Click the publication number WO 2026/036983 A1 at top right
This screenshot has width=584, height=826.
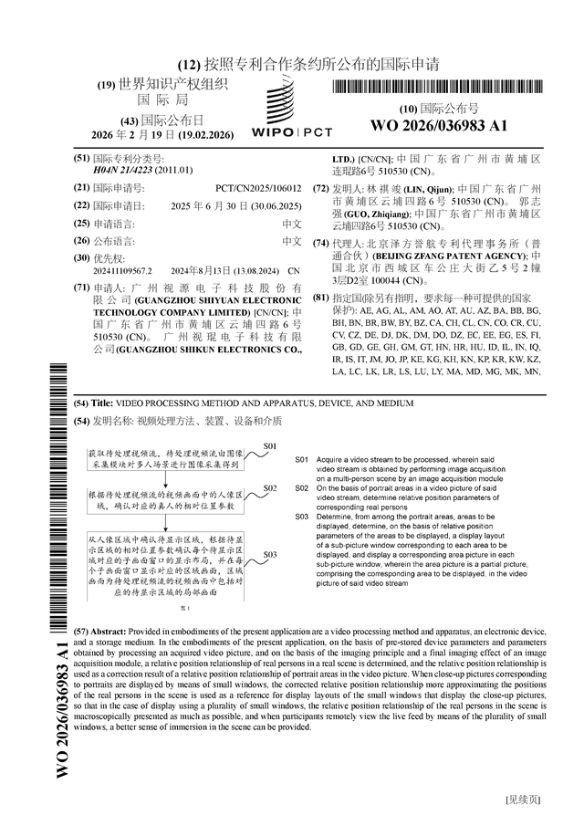tap(438, 125)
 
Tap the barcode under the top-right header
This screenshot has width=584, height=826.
tap(438, 88)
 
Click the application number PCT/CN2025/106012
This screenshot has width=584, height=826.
tap(264, 187)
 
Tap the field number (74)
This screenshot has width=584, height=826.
tap(320, 243)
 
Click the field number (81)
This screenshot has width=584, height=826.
tap(320, 298)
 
